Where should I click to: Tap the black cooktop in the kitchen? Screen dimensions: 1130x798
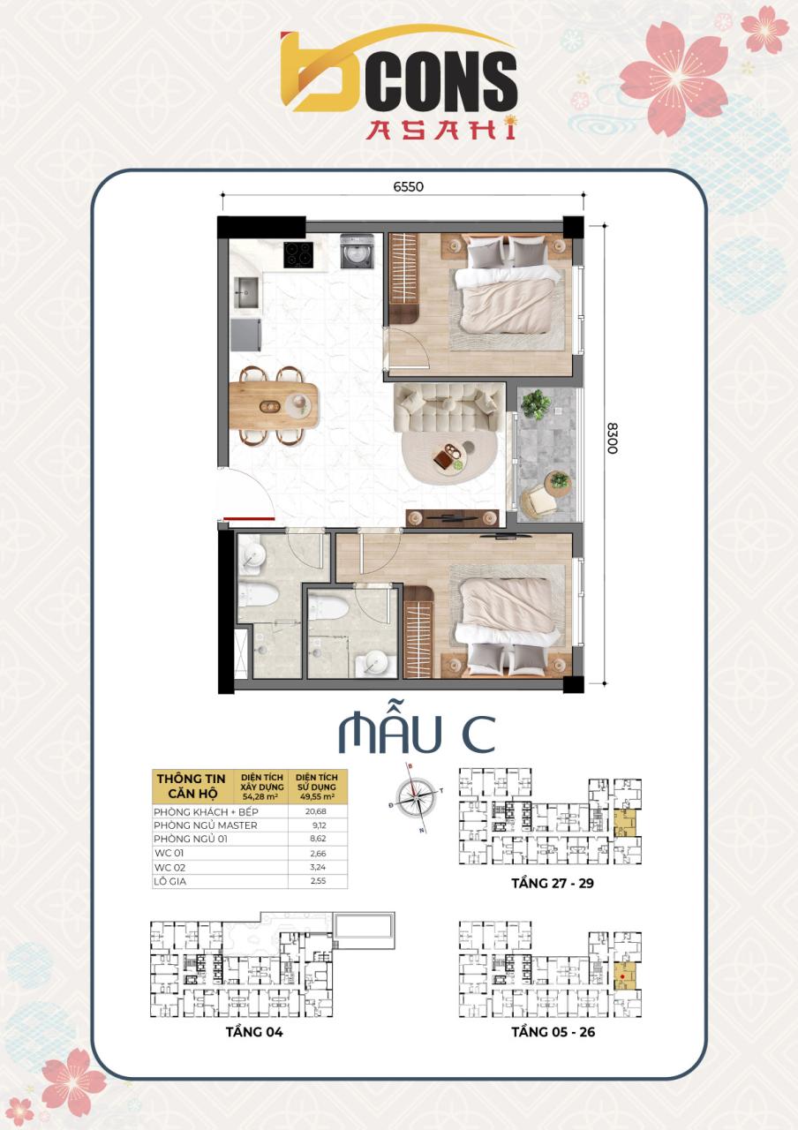pos(298,253)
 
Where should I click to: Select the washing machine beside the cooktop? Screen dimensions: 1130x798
pos(356,251)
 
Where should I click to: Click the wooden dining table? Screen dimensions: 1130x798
pos(274,404)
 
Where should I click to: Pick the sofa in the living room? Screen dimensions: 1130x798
pos(448,409)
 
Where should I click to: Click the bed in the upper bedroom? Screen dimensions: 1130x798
pos(508,296)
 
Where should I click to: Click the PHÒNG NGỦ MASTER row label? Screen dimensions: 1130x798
pos(206,825)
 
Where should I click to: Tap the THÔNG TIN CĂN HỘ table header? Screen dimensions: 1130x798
pos(187,785)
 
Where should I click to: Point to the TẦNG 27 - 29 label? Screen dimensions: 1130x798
pos(552,883)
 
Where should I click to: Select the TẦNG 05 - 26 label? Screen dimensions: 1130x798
pos(553,1031)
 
